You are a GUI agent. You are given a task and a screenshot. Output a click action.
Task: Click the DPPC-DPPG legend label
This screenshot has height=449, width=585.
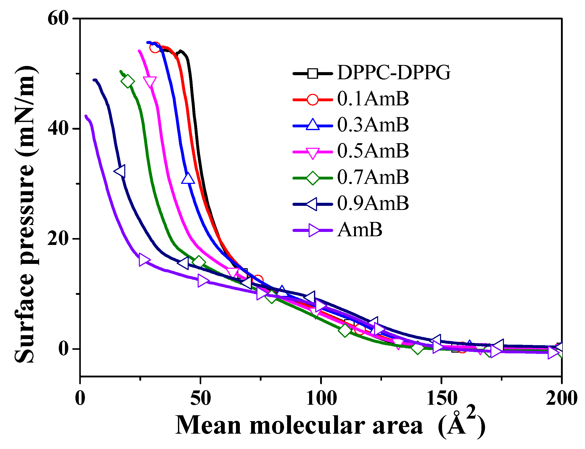(393, 72)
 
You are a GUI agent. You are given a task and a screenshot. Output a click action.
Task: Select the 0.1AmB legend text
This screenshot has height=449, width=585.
(373, 99)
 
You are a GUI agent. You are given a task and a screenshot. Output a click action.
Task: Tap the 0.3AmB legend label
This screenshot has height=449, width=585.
(373, 125)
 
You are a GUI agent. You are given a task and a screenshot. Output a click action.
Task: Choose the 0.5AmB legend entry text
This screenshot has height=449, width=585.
(373, 151)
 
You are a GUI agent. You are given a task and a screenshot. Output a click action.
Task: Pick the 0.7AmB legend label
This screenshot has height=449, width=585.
(373, 177)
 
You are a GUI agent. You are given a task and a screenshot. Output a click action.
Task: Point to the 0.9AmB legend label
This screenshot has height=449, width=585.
(373, 203)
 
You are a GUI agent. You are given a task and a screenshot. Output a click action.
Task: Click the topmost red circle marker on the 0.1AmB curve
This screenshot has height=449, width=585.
(155, 48)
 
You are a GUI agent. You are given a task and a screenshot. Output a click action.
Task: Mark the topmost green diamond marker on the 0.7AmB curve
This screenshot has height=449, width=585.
(128, 81)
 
